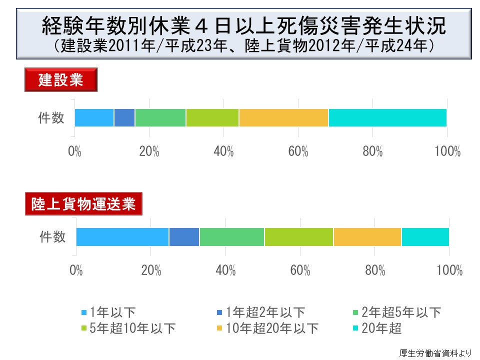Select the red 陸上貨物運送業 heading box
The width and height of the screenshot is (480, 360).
coord(83,204)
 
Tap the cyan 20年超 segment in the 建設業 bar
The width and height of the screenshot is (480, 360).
coord(387,117)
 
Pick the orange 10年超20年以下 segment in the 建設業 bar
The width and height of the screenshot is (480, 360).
coord(283,117)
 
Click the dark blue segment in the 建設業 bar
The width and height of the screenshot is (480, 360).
coord(124,117)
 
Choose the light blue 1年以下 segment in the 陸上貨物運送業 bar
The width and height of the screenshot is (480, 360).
coord(122,236)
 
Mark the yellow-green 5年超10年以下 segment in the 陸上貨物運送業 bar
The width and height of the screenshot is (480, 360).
coord(299,236)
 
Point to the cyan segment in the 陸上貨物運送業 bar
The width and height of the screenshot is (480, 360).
coord(425,236)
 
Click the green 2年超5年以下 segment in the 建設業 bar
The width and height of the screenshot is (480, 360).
coord(160,117)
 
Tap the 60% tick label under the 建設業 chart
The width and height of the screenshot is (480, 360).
coord(298,151)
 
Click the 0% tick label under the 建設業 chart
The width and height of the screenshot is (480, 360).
coord(75,151)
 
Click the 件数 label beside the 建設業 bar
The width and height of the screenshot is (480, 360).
coord(51,118)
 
